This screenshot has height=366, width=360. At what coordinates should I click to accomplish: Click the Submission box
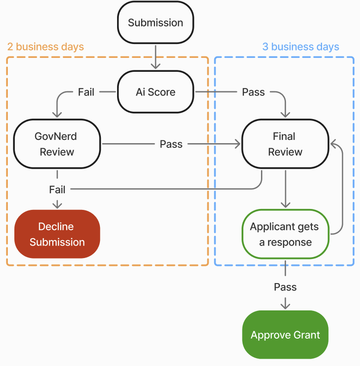(x=155, y=23)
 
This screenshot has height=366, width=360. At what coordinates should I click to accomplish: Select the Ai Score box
(x=155, y=92)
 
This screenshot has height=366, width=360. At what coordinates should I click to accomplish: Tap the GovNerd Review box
(x=57, y=144)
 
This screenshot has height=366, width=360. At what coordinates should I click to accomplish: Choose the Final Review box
(x=285, y=144)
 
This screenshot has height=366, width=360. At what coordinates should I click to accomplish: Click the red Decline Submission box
(x=57, y=234)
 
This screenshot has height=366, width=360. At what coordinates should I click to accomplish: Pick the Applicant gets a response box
(x=285, y=234)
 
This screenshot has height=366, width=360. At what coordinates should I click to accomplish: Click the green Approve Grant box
(x=285, y=335)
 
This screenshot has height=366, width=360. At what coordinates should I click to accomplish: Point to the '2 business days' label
(x=45, y=47)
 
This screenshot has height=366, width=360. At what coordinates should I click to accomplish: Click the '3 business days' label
(x=300, y=47)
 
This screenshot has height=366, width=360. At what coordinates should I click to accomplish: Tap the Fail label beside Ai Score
(x=86, y=92)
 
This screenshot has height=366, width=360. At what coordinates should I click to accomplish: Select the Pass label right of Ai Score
(x=253, y=92)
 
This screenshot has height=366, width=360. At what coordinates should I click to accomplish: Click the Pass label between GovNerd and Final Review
(x=171, y=144)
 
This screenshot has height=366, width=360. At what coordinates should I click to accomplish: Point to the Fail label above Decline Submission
(x=57, y=189)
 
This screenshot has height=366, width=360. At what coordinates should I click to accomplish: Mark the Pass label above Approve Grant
(x=285, y=287)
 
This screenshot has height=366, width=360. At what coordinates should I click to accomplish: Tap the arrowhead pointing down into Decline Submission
(x=57, y=205)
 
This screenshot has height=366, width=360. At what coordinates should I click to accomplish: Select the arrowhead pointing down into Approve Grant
(x=285, y=306)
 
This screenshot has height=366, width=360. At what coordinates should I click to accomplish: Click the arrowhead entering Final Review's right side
(x=334, y=144)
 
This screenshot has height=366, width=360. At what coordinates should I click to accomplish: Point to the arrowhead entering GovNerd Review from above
(x=57, y=114)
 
